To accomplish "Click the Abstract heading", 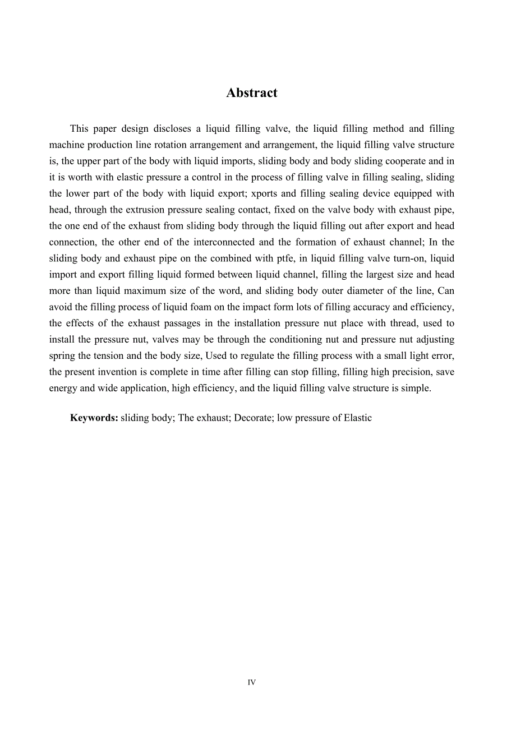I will (252, 93).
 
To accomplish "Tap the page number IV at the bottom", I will (252, 682).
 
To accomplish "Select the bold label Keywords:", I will (94, 418).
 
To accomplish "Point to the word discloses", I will (167, 129).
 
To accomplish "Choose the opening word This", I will (80, 129).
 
